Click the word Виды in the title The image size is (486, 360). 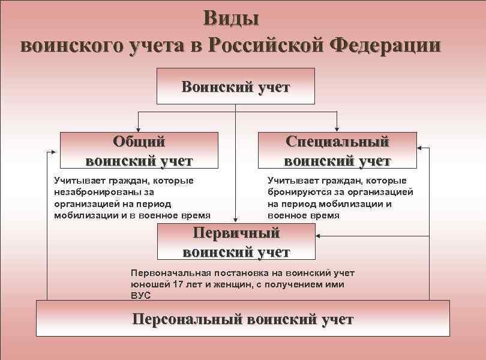point(231,18)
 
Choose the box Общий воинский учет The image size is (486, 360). point(139,151)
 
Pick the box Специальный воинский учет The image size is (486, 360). point(337,151)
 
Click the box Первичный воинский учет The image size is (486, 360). point(235,242)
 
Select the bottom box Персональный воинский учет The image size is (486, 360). point(242,319)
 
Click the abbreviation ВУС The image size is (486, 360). point(140,295)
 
